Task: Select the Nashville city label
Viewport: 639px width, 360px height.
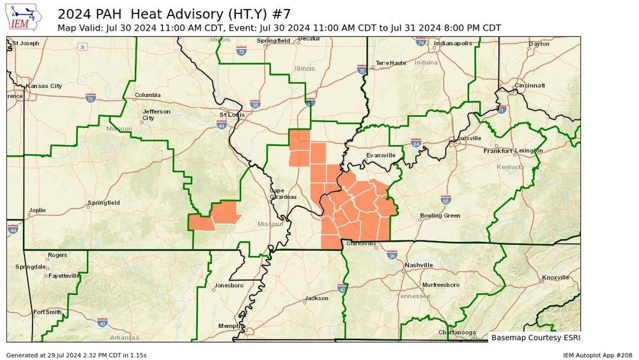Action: pyautogui.click(x=419, y=265)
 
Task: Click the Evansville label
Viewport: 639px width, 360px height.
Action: pyautogui.click(x=381, y=155)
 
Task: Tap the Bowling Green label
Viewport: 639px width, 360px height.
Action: pyautogui.click(x=440, y=215)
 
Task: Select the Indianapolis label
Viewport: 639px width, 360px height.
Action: pyautogui.click(x=453, y=43)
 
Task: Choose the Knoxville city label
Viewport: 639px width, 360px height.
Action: pyautogui.click(x=555, y=278)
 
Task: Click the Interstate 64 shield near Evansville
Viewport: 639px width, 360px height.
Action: pyautogui.click(x=415, y=142)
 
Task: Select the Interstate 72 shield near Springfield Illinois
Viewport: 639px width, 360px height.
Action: pyautogui.click(x=241, y=49)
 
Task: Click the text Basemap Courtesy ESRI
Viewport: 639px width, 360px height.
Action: pyautogui.click(x=535, y=337)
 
